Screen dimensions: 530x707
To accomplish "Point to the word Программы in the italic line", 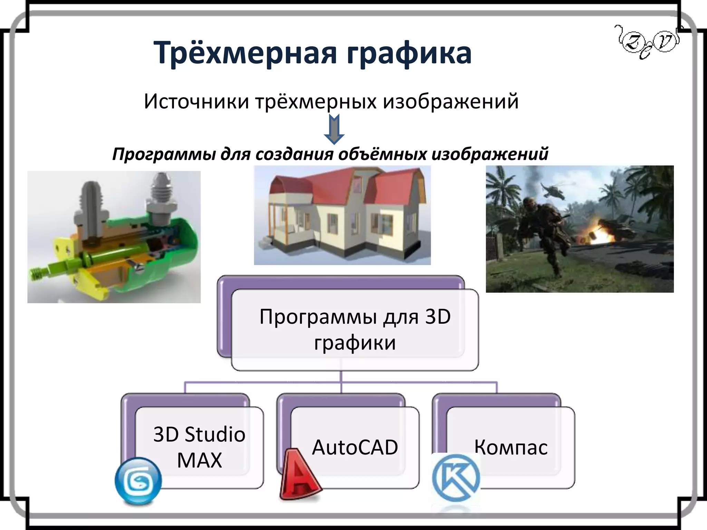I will [x=164, y=154].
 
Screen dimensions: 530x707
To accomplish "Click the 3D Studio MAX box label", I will [x=199, y=447].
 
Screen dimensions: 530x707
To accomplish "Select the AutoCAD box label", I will [x=355, y=447].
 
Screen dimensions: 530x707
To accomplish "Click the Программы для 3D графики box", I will [x=355, y=330].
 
